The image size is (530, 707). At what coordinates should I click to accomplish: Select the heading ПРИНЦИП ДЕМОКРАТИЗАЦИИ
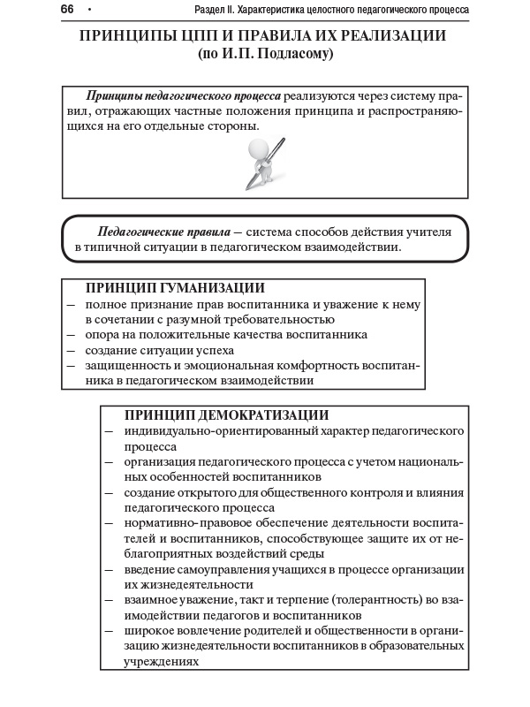pos(226,414)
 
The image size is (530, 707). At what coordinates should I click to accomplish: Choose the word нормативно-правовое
pos(181,522)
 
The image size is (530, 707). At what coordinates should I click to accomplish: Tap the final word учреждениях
pos(162,661)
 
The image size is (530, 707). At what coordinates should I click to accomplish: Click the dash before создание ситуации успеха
pos(70,351)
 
